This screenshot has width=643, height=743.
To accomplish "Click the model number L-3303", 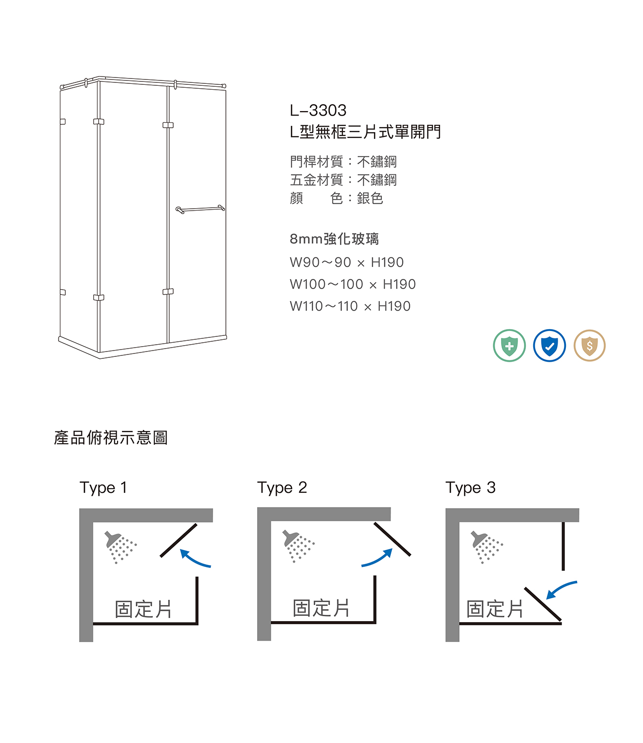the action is pos(318,110).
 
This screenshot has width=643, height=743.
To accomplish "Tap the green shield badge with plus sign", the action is pos(509,346).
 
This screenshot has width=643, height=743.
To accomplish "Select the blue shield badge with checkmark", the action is pos(549,346).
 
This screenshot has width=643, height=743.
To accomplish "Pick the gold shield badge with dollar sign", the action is pos(589,346).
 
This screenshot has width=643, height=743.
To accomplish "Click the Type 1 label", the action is pos(103,488).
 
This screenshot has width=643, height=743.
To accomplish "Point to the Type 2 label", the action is pos(282,488).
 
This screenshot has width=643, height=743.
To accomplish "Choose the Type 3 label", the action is pos(470,488).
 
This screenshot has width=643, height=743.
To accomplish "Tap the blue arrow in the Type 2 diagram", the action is pos(378,560).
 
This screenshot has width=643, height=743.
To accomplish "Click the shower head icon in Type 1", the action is pos(120,547).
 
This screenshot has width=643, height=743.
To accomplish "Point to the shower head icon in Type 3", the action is pos(486,547).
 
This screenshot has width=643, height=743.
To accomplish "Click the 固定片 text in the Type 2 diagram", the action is pos(321,608).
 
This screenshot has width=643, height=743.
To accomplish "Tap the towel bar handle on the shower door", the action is pos(200,209).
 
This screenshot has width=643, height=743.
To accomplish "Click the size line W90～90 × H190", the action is pos(347,262).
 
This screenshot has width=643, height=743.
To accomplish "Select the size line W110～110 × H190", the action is pos(350,306).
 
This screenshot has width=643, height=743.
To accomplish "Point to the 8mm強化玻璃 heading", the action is pos(334,239).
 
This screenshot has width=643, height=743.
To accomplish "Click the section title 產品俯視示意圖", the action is pos(111,437).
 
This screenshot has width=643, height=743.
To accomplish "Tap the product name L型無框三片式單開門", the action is pos(365,132).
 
